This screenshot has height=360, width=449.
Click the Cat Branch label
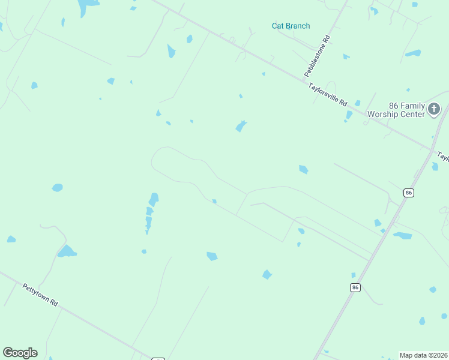click(x=291, y=26)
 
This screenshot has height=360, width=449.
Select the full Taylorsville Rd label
click(x=328, y=95)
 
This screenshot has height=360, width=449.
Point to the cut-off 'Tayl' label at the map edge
click(x=442, y=157)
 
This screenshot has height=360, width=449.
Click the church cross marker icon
click(x=434, y=109)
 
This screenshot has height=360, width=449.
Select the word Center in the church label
click(x=414, y=114)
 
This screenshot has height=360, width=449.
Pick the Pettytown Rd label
click(x=40, y=295)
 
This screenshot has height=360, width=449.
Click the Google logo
click(x=20, y=353)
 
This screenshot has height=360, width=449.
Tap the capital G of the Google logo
click(x=8, y=353)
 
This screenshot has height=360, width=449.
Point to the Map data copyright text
click(x=423, y=355)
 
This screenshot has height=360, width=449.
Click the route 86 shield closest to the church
click(x=408, y=193)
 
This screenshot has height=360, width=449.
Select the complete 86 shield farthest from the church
click(x=355, y=288)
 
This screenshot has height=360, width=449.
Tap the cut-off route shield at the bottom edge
click(x=158, y=359)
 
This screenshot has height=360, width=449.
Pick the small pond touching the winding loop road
click(x=214, y=201)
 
